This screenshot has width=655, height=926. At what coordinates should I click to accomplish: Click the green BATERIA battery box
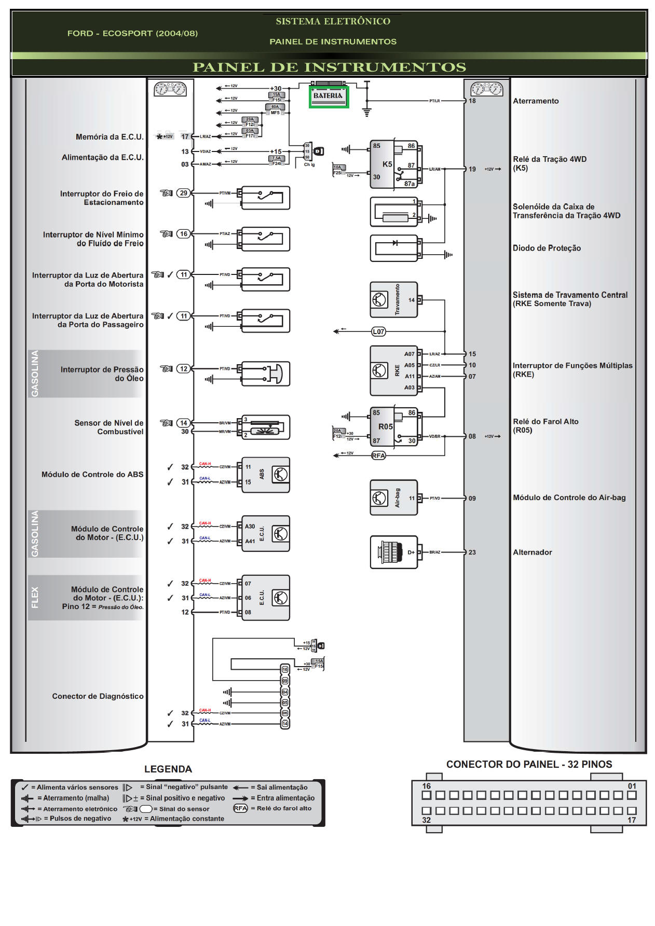tap(329, 97)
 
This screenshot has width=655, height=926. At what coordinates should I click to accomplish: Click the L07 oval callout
tap(378, 331)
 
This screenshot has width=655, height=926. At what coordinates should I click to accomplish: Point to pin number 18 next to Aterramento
tap(472, 101)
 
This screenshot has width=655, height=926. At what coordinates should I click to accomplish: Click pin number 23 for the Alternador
tap(472, 552)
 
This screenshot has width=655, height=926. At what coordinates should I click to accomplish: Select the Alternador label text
tap(532, 552)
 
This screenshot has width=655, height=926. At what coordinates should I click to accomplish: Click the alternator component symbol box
tap(393, 552)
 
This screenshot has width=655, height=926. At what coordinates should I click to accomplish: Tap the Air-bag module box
tap(393, 497)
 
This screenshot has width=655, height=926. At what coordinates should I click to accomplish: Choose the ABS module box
tap(265, 475)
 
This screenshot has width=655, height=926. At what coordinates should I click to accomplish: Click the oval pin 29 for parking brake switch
tap(183, 193)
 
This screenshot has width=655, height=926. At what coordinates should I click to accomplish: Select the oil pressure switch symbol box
tap(265, 374)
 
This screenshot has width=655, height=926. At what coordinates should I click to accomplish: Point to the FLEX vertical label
tap(35, 597)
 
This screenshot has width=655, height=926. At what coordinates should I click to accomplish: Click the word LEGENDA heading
tap(168, 769)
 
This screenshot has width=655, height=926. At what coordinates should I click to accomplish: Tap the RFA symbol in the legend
tap(240, 808)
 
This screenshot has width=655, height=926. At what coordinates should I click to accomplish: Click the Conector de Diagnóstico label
tap(98, 696)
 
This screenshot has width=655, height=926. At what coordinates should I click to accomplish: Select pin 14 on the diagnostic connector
tap(285, 724)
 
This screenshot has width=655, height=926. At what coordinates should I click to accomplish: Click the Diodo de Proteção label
tap(547, 248)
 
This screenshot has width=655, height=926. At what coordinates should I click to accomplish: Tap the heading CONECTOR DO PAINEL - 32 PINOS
tap(528, 764)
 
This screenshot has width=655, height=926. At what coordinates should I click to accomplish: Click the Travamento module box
tap(393, 300)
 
